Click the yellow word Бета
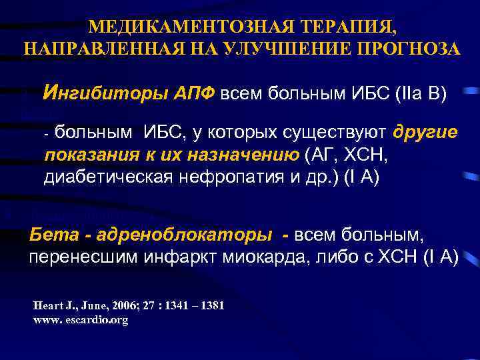53,235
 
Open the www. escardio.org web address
80,320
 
